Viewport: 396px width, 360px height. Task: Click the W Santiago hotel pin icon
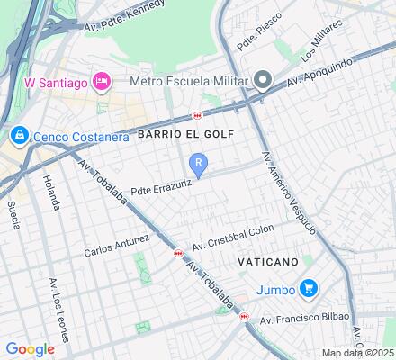tap(102, 82)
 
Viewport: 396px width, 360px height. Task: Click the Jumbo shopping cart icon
tap(310, 289)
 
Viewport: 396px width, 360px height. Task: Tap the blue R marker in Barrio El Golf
tap(199, 164)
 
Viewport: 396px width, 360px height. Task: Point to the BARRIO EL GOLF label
tap(186, 134)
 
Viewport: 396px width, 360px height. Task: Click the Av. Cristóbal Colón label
tap(232, 236)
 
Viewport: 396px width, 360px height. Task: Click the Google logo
tap(30, 348)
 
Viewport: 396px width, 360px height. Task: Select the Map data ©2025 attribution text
tap(358, 353)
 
